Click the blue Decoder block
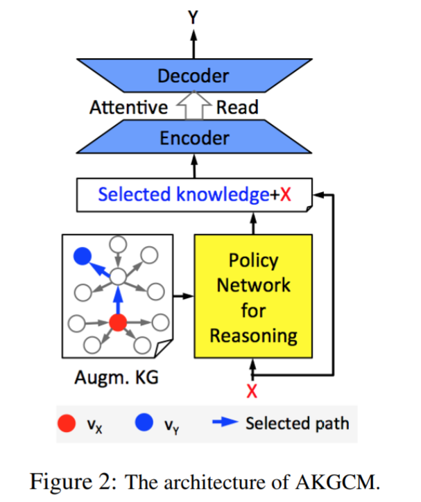193,76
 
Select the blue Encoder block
194,138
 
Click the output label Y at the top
194,17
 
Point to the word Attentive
128,107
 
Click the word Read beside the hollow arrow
237,107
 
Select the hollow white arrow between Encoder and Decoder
194,106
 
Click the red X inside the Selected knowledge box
284,195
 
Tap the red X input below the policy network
252,392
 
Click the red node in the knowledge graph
117,322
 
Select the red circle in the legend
65,424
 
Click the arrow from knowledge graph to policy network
182,296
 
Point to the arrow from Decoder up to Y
194,43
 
